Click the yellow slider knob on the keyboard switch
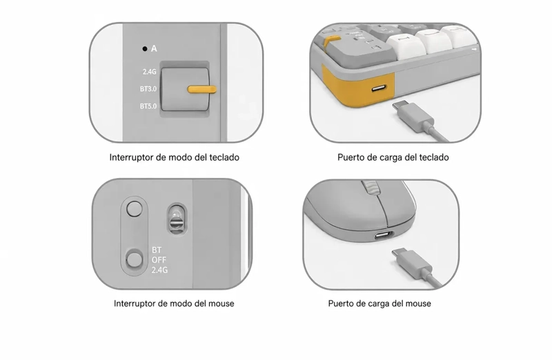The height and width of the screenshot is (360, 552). (201, 90)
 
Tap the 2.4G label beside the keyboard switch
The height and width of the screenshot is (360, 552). (149, 72)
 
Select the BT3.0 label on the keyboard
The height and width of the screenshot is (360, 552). (148, 89)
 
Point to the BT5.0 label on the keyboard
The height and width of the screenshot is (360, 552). (148, 106)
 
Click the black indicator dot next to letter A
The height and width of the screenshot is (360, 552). (145, 49)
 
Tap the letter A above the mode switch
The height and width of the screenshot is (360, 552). (154, 49)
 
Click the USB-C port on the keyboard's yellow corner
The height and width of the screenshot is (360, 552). (378, 88)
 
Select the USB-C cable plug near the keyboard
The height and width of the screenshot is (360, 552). (413, 115)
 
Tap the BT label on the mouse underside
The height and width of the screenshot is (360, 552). (157, 250)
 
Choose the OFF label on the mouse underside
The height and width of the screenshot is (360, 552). (159, 260)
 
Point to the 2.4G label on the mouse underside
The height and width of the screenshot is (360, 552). (159, 270)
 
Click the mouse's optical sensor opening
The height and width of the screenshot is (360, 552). (177, 218)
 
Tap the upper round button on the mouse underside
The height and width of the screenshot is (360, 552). (134, 209)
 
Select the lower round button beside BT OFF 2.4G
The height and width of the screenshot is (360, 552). (134, 260)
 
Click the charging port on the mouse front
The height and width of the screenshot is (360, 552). (384, 235)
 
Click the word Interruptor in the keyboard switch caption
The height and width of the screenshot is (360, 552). (131, 157)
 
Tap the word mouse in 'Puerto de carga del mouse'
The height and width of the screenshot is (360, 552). (419, 303)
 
